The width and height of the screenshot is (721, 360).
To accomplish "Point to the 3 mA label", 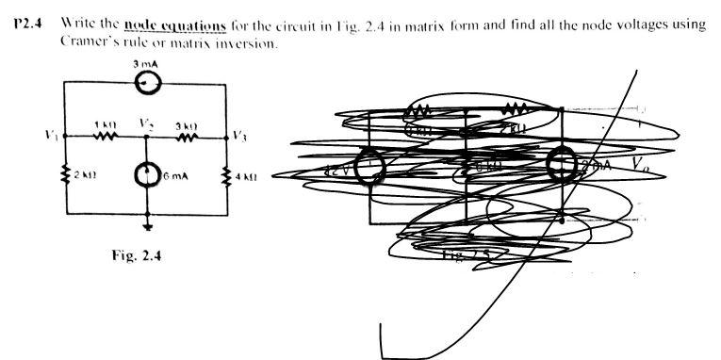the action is pos(148,63).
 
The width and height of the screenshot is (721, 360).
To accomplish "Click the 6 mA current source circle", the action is pos(146,175).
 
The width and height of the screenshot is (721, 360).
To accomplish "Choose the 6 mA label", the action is pos(173,176).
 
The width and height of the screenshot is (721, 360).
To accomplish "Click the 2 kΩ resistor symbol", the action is pos(64,175).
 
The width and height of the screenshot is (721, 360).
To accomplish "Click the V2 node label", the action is pos(145,123).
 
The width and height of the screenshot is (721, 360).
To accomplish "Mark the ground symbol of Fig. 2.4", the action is pos(146,225).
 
